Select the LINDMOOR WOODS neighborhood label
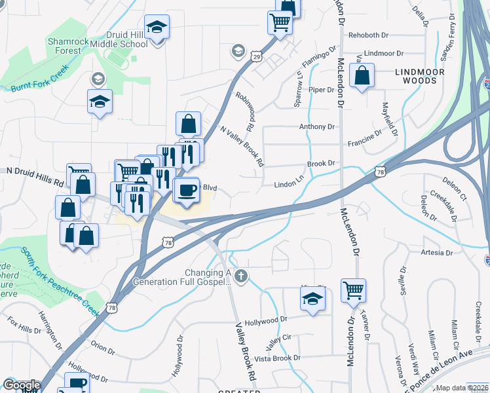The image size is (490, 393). [x=420, y=76]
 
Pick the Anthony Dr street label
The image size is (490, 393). [x=317, y=126]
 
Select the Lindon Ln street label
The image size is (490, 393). [x=290, y=185]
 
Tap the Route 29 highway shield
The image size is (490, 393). [x=257, y=58]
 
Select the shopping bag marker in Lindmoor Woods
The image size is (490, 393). [x=362, y=76]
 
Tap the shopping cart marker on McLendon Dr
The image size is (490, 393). [x=353, y=289]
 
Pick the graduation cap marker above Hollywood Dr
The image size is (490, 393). [x=313, y=299]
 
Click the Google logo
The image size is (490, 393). [x=22, y=385]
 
